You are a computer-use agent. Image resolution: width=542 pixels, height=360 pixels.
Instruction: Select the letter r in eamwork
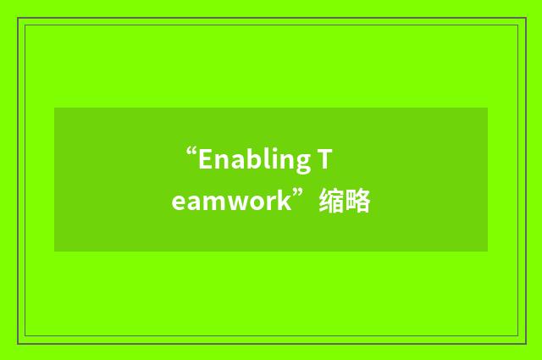270,204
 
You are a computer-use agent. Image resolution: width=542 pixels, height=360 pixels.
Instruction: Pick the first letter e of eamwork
177,204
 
